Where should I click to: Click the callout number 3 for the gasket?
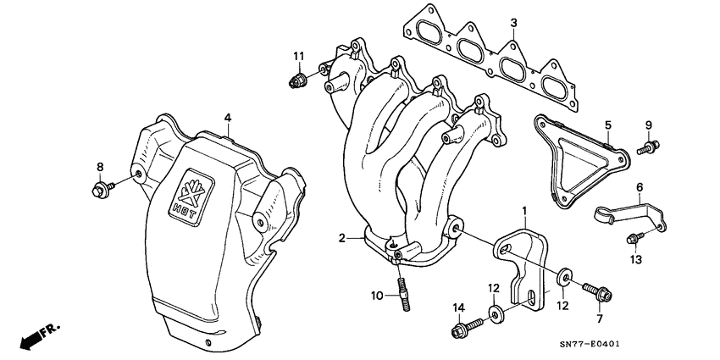click(x=513, y=22)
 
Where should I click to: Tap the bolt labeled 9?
click(x=646, y=149)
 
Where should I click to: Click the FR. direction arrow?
click(x=32, y=337)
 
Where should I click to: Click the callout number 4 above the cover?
click(x=227, y=117)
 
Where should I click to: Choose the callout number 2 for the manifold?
click(x=341, y=239)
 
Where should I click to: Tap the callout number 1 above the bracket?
click(x=524, y=208)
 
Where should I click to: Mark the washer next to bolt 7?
click(x=562, y=277)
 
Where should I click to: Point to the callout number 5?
click(x=607, y=125)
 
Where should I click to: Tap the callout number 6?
click(x=640, y=187)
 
